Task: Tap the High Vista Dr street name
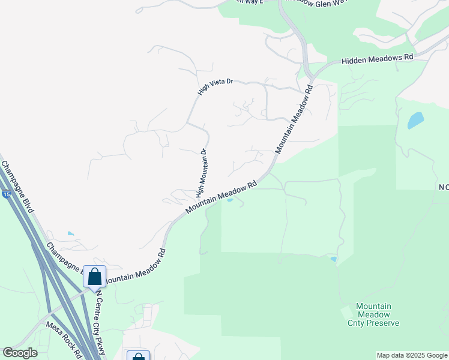tap(215, 88)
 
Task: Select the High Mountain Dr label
tap(201, 173)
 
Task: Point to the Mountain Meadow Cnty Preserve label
tap(373, 314)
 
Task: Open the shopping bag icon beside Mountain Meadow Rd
tap(95, 277)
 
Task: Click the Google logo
tap(20, 353)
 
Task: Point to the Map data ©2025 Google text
tap(412, 355)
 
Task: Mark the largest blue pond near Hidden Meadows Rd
tap(415, 121)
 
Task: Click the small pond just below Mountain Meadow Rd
tap(229, 200)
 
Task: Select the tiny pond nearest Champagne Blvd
tap(71, 233)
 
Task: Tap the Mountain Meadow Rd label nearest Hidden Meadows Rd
tap(295, 118)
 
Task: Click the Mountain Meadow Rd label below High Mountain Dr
tap(221, 197)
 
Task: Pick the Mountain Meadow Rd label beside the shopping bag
tap(135, 268)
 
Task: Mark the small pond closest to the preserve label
tap(333, 259)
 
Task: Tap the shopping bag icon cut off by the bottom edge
tap(138, 356)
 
